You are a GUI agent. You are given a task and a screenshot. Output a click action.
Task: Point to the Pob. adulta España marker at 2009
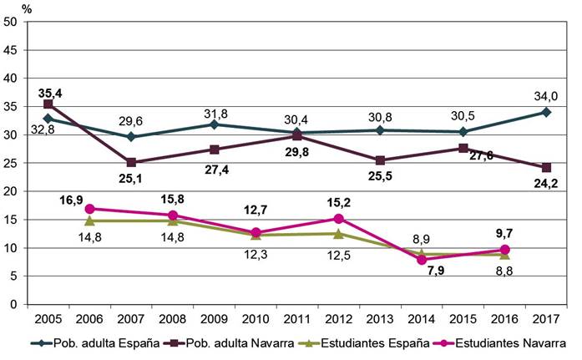point(214,124)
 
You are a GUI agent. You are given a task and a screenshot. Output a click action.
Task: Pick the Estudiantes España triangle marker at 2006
point(89,221)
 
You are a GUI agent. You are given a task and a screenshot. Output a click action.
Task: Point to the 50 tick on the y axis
point(12,22)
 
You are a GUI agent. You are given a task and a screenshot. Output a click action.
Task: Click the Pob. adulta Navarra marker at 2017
point(545,168)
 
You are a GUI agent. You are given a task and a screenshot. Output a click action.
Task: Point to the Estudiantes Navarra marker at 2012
point(338,219)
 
